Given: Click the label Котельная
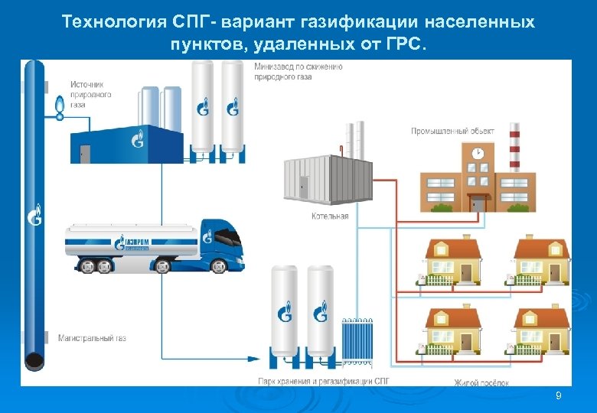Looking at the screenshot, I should coord(330,216).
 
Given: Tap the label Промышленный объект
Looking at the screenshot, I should coord(452,131).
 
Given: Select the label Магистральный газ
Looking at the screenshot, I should coord(92,337).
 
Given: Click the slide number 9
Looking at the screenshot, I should coord(558,395).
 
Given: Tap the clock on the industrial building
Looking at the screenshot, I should coord(478,153).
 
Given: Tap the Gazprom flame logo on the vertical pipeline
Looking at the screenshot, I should coord(34,215).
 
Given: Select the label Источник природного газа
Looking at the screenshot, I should coord(91,94).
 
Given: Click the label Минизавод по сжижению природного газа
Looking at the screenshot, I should coord(298,71).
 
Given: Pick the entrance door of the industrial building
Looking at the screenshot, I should coord(478,203).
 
